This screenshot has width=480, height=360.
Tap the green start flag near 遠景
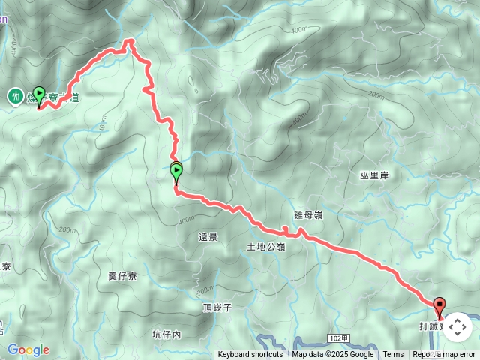click(176, 172)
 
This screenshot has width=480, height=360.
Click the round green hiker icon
click(15, 96)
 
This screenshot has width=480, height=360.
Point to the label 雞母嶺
click(308, 215)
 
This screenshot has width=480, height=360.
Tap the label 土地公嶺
click(266, 246)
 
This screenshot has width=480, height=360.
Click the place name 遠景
click(208, 237)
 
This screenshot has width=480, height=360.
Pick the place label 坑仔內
click(166, 334)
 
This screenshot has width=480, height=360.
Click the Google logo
click(28, 349)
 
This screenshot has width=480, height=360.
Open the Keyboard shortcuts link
click(250, 355)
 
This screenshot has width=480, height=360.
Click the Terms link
click(393, 355)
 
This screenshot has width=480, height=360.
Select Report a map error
click(444, 355)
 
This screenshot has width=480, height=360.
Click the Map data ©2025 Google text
click(333, 355)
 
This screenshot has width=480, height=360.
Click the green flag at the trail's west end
click(39, 95)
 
